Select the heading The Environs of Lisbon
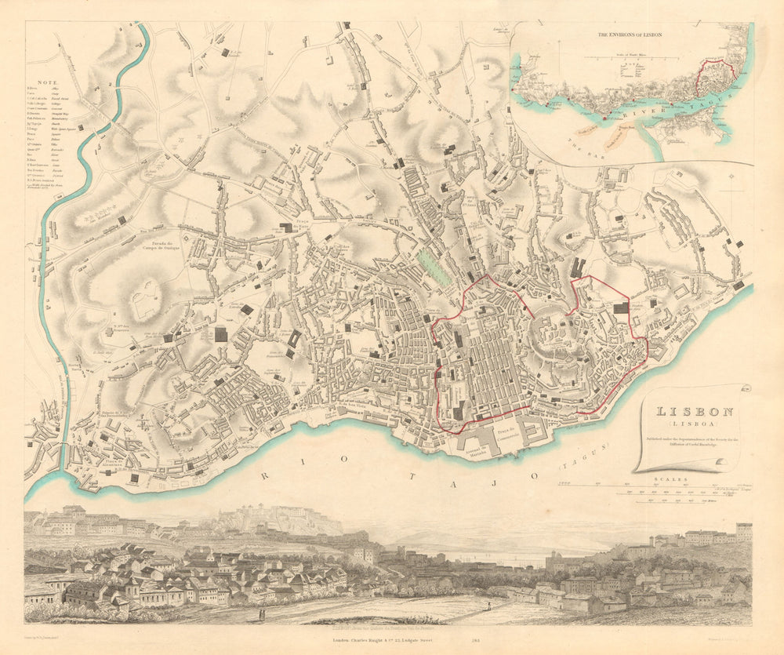pyautogui.click(x=630, y=35)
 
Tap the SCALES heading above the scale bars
pyautogui.click(x=674, y=478)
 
